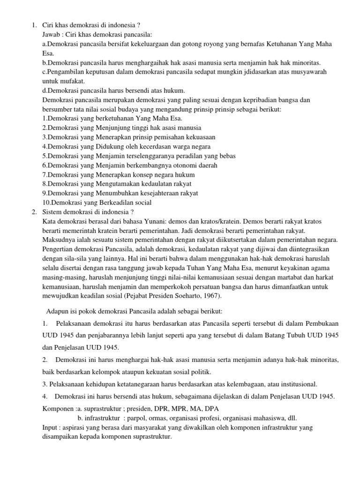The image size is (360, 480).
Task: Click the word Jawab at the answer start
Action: (x=52, y=35)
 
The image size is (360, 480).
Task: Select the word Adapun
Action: (x=57, y=311)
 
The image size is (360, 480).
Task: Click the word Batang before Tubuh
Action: (x=270, y=336)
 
